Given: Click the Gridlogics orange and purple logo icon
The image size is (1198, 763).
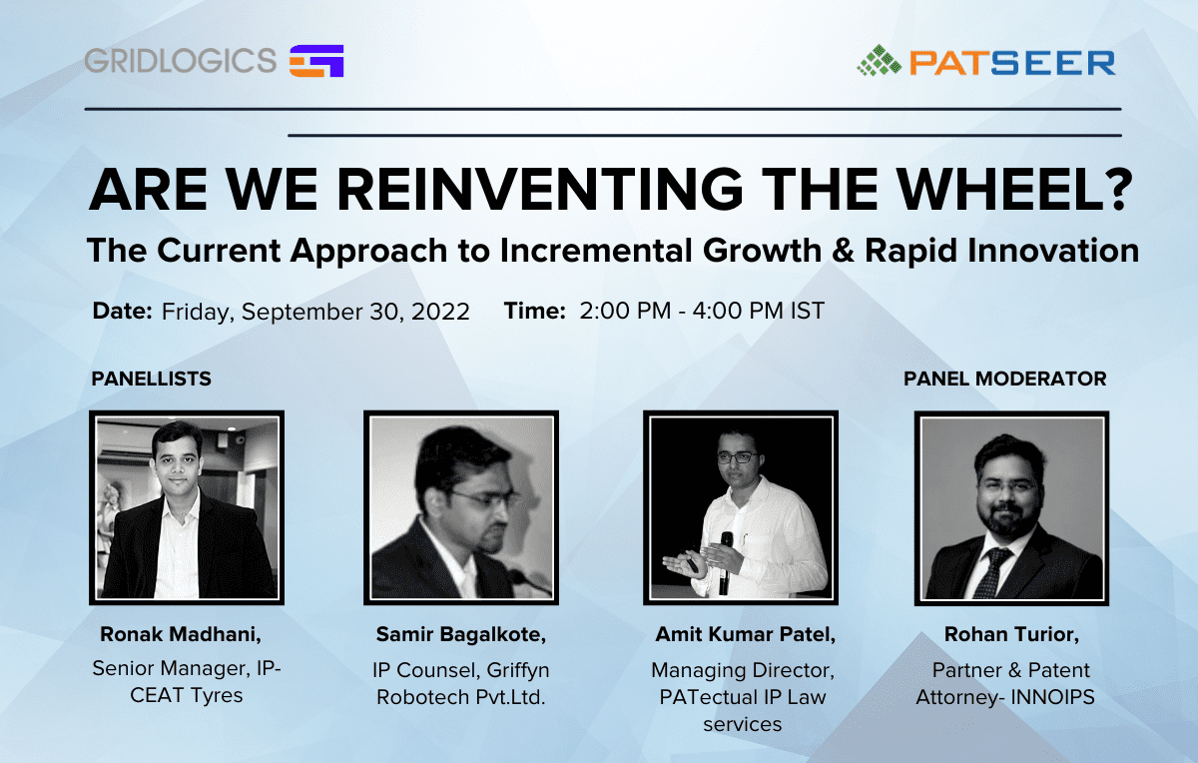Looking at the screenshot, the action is pyautogui.click(x=316, y=61).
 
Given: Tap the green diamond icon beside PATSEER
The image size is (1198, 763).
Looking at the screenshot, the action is pyautogui.click(x=880, y=61).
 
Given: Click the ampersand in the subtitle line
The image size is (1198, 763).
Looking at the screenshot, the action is pyautogui.click(x=844, y=251).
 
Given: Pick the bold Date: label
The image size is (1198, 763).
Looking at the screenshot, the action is pyautogui.click(x=123, y=311).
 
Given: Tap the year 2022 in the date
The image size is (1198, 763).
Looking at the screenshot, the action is pyautogui.click(x=440, y=312).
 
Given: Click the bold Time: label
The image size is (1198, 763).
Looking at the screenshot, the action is pyautogui.click(x=535, y=311).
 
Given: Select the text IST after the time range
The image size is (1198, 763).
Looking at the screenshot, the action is pyautogui.click(x=808, y=311).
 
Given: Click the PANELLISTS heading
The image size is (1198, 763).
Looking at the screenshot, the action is pyautogui.click(x=152, y=379).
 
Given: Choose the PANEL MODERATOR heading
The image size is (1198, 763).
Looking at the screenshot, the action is pyautogui.click(x=1005, y=379).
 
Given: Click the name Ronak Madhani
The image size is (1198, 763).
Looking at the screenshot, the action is pyautogui.click(x=181, y=634).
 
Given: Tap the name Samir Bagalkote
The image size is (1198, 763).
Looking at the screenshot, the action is pyautogui.click(x=461, y=634).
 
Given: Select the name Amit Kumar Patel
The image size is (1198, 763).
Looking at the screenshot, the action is pyautogui.click(x=745, y=634).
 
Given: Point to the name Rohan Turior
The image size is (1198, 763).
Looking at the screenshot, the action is pyautogui.click(x=1011, y=634).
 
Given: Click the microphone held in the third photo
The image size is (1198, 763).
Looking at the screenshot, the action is pyautogui.click(x=726, y=562).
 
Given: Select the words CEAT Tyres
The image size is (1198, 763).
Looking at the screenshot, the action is pyautogui.click(x=186, y=695).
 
